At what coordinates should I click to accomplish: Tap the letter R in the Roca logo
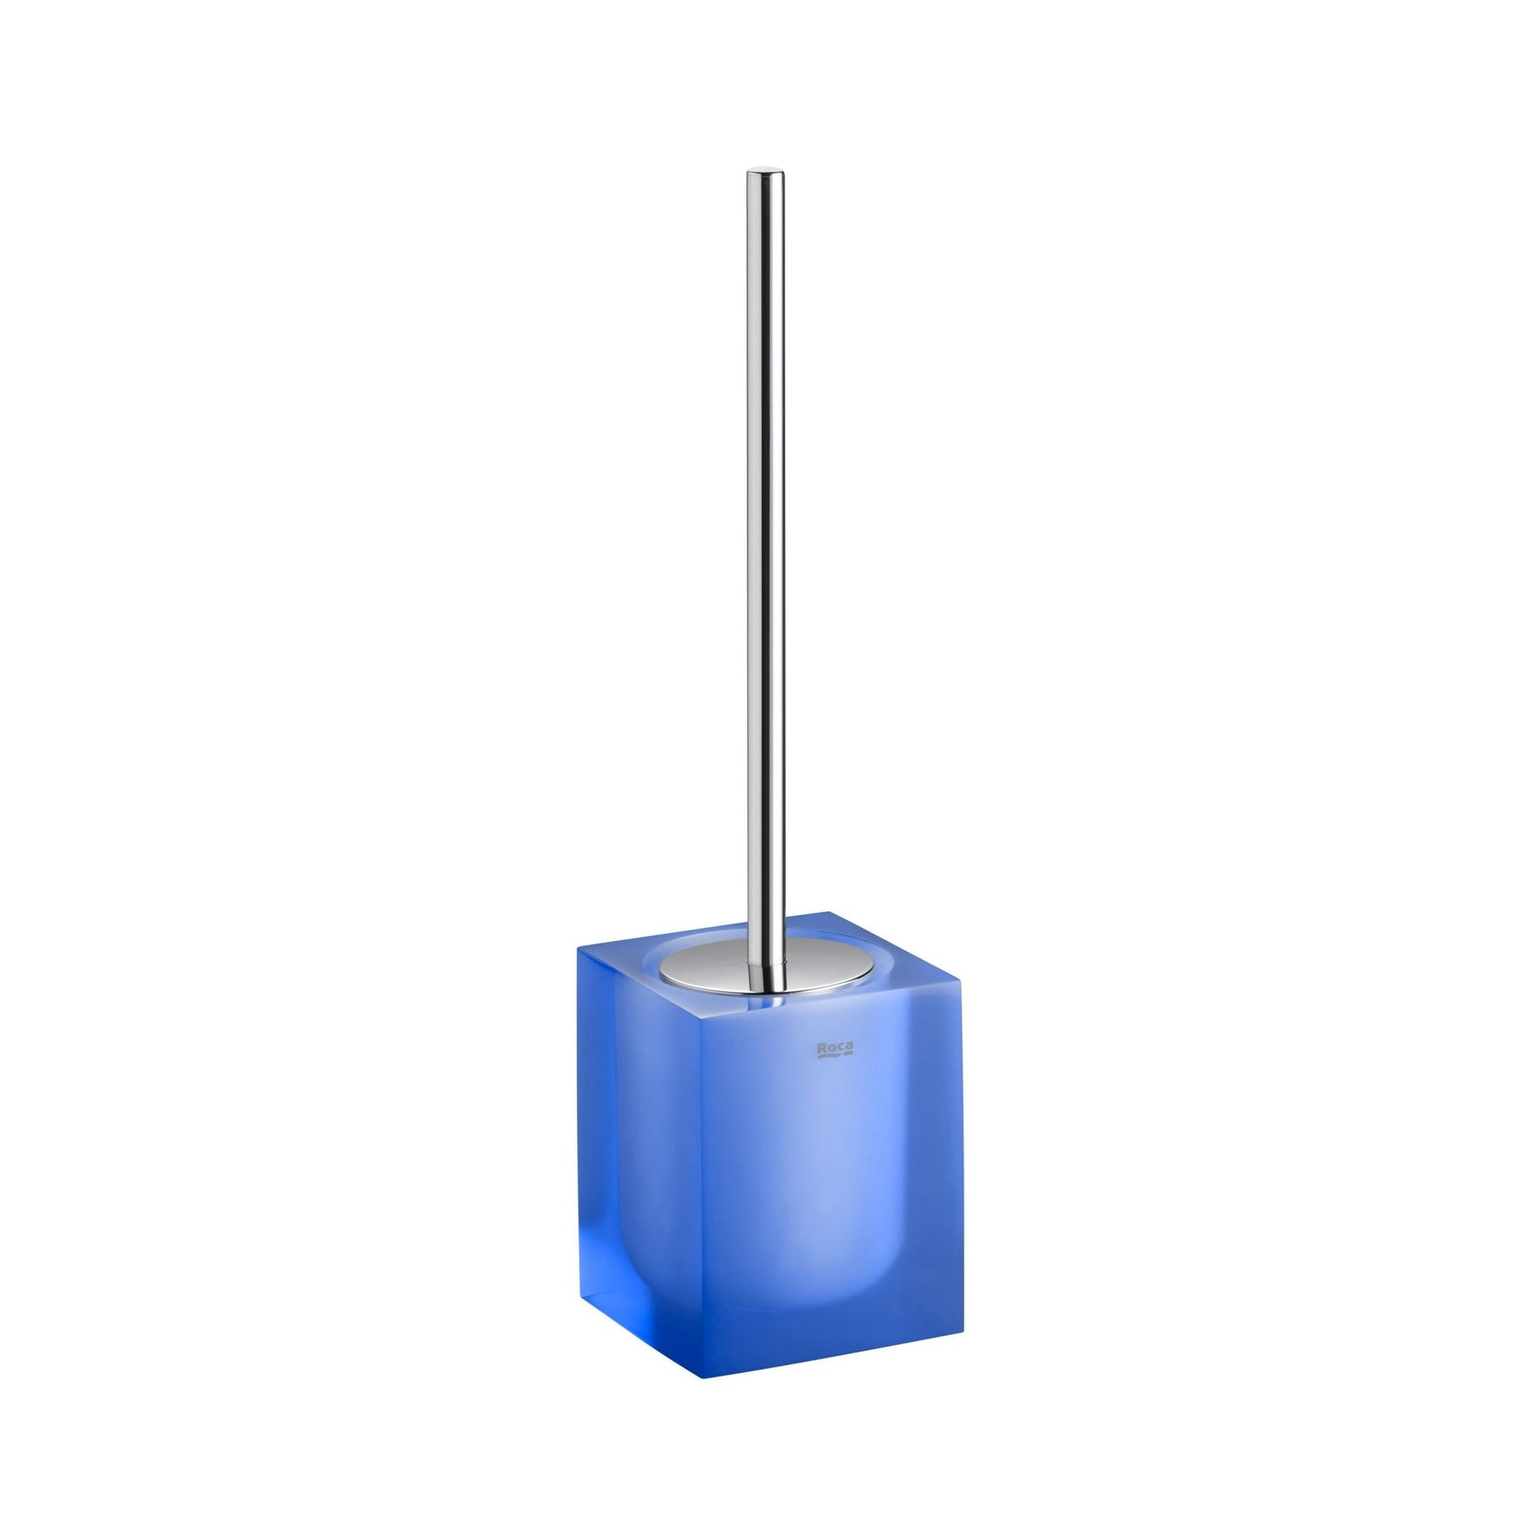tap(823, 1048)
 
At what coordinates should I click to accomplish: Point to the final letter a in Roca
tap(849, 1048)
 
